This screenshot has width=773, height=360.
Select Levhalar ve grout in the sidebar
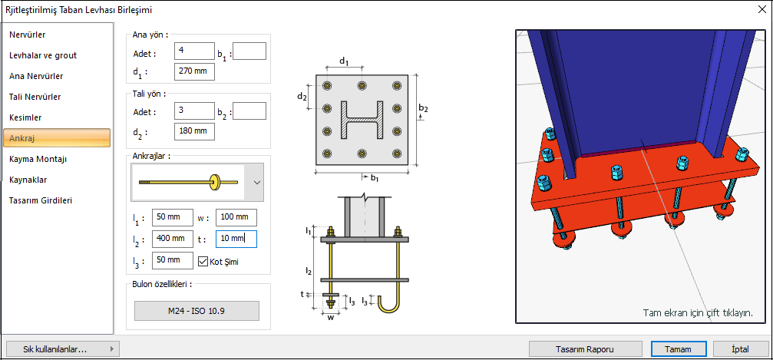[x=43, y=55]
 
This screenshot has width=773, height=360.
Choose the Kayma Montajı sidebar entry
[x=38, y=159]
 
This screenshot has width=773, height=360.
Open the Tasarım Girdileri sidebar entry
[x=41, y=200]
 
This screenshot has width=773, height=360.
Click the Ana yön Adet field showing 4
[x=194, y=51]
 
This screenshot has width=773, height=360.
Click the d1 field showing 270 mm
[x=194, y=71]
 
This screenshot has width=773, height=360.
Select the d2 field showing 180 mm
[x=194, y=131]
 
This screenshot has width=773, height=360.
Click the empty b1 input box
[x=249, y=51]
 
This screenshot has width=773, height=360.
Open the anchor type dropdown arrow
[x=257, y=183]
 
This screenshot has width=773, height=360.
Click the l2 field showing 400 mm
[x=173, y=239]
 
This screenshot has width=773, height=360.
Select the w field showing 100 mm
[x=236, y=218]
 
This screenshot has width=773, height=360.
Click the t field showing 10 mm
[x=236, y=239]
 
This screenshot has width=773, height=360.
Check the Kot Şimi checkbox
[x=203, y=261]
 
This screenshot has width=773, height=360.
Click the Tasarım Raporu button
[x=584, y=348]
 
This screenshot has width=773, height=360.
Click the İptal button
[x=740, y=348]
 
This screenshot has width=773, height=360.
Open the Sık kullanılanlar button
[x=61, y=348]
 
